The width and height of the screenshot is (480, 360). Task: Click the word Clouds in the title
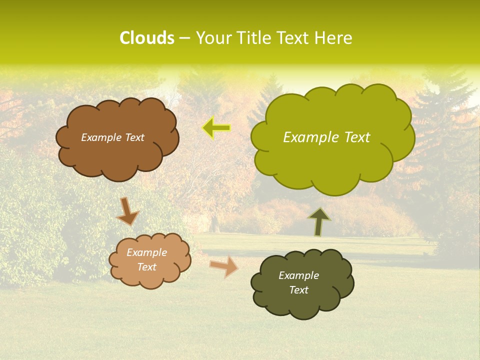click(x=147, y=38)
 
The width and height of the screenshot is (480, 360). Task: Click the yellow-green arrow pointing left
click(x=216, y=128)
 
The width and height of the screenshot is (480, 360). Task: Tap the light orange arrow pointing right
click(x=223, y=266)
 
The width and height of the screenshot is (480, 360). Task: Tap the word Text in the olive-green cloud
click(x=354, y=137)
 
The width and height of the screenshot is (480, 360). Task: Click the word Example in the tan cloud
click(x=146, y=252)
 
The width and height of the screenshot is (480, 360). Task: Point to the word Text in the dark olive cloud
click(x=299, y=290)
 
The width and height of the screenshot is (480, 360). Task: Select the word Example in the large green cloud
click(x=309, y=137)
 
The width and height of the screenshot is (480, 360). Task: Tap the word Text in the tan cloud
click(x=147, y=267)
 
